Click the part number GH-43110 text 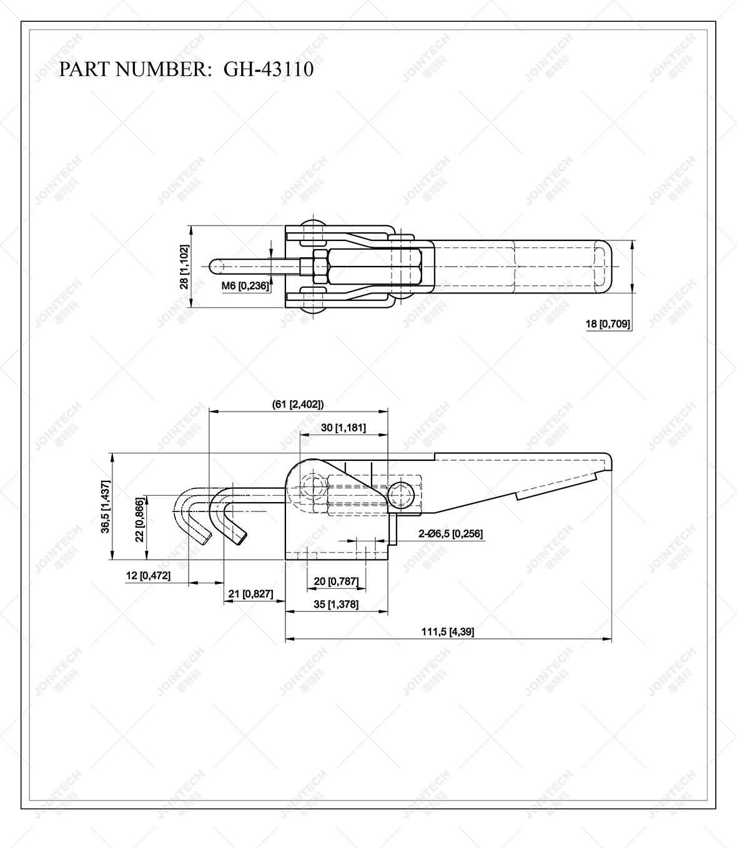coord(269,69)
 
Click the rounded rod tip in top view coord(214,266)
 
